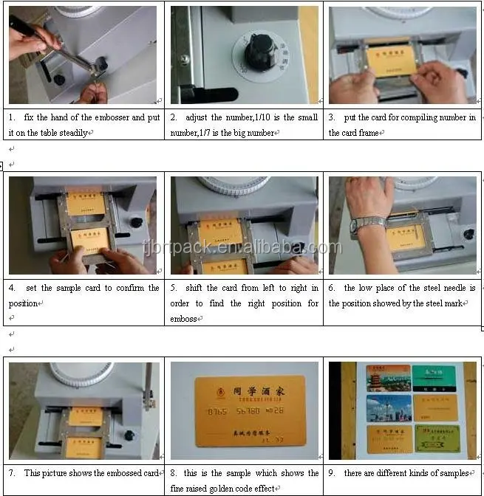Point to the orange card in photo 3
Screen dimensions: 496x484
[x=392, y=63]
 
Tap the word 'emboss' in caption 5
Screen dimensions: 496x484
[x=184, y=319]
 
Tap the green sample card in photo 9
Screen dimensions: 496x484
[x=434, y=378]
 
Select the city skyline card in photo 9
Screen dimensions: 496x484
[x=388, y=407]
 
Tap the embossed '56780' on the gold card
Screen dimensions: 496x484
[x=248, y=410]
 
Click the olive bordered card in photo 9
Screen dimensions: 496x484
[x=437, y=437]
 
